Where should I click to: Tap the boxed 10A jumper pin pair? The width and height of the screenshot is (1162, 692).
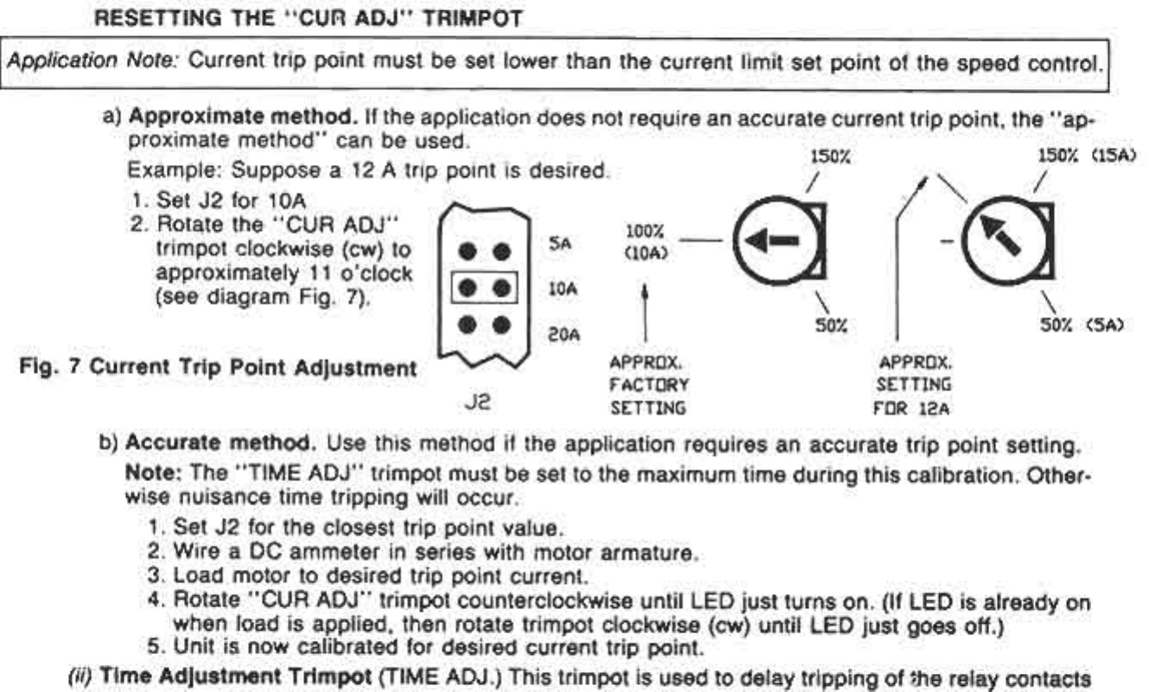click(483, 290)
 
